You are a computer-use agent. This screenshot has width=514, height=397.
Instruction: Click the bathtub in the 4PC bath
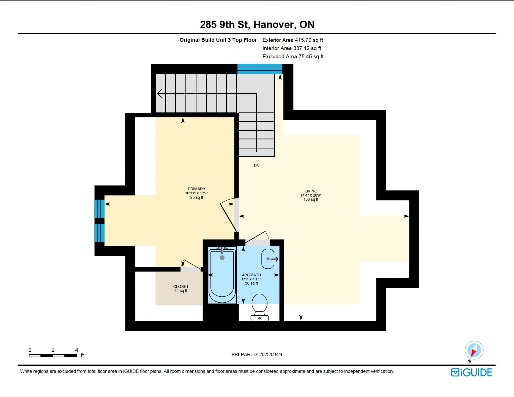point(222,275)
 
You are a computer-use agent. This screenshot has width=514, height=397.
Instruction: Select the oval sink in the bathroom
point(268,259)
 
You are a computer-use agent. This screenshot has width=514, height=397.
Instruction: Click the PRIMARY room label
point(196,189)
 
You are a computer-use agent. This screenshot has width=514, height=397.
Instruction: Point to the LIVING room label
point(311,191)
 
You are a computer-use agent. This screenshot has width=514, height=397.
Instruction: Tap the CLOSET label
point(181,286)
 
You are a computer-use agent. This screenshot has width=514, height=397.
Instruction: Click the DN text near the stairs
point(256,166)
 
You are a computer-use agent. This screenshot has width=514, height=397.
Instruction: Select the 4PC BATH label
point(251,275)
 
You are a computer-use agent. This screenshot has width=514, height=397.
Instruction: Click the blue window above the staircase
point(260,69)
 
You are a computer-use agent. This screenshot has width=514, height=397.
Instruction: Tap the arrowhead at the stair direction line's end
point(160,93)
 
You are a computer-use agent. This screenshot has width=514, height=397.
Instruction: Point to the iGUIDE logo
point(471,373)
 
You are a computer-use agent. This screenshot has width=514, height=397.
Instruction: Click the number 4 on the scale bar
point(76,350)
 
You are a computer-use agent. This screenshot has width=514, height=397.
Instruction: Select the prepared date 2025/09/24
point(271,354)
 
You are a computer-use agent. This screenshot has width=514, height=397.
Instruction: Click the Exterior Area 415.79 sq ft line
point(293,40)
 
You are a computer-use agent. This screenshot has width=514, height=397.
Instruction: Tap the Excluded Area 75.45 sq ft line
point(293,56)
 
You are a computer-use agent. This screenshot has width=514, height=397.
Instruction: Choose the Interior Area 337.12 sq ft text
point(292,48)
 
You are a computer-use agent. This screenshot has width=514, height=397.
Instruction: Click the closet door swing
point(191,264)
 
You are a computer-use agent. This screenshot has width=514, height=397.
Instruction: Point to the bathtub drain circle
point(222,258)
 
